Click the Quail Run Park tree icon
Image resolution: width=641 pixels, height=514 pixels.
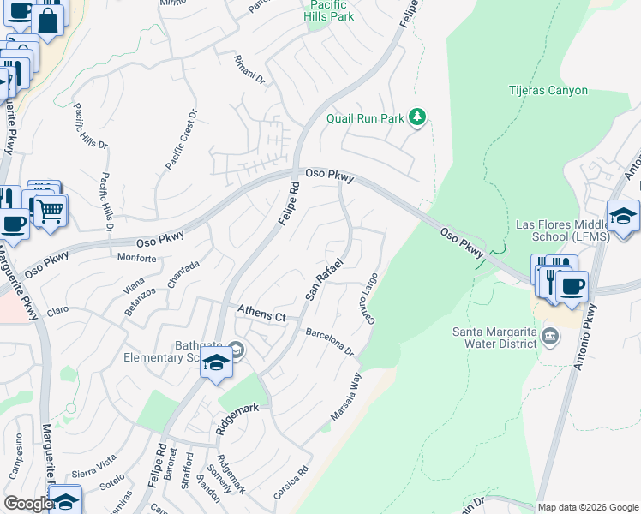tap(417, 117)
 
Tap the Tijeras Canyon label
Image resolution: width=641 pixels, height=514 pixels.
tap(548, 90)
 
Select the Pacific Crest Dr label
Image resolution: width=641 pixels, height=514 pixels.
tap(180, 138)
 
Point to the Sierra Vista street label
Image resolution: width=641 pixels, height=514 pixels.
tap(94, 464)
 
